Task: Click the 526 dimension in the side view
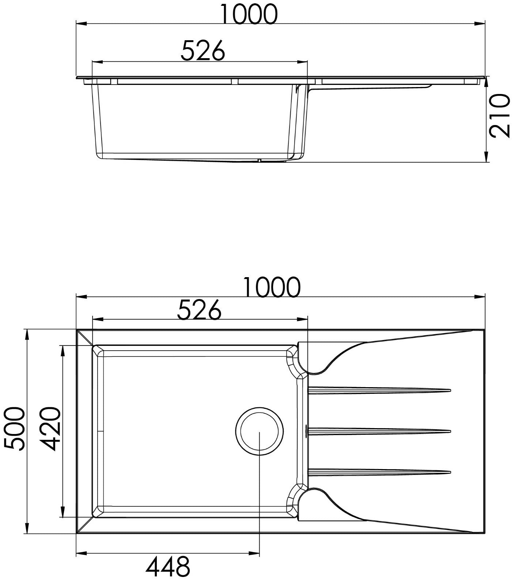(x=203, y=51)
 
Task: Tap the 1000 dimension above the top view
(x=272, y=287)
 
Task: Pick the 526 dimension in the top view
(x=199, y=310)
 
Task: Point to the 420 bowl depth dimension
(x=50, y=429)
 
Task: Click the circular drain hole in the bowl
(x=260, y=431)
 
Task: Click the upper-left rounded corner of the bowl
(x=98, y=351)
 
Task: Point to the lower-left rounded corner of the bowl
(x=98, y=511)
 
